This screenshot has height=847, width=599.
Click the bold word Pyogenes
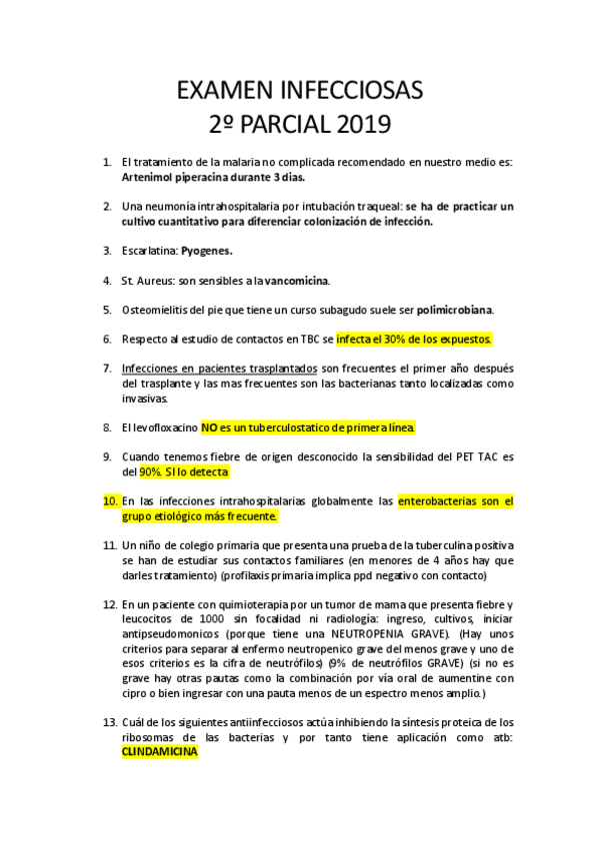click(x=206, y=251)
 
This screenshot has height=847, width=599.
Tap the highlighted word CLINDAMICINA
click(x=160, y=753)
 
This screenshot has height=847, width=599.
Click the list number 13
click(x=110, y=723)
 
